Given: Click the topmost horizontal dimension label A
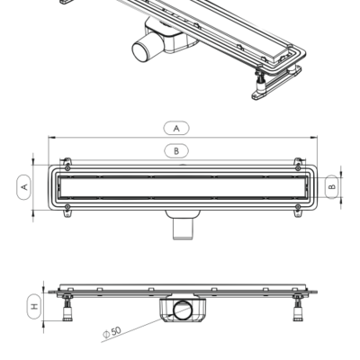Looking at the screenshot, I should pyautogui.click(x=176, y=128).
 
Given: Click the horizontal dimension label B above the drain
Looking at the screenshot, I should pyautogui.click(x=176, y=150).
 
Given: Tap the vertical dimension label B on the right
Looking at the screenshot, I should pyautogui.click(x=331, y=186).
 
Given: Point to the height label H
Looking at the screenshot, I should pyautogui.click(x=34, y=306).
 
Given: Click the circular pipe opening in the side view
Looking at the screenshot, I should pyautogui.click(x=183, y=311).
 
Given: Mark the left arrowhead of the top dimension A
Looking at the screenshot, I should pyautogui.click(x=50, y=138).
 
